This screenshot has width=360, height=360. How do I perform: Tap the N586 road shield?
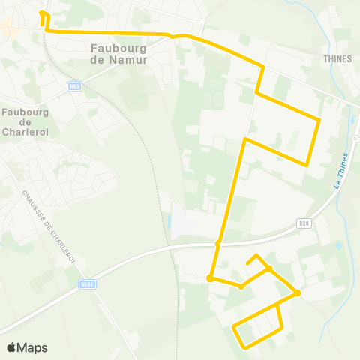pyautogui.click(x=86, y=284)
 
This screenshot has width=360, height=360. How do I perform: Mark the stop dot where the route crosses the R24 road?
pyautogui.click(x=218, y=244)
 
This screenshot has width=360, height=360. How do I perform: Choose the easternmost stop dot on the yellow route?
pyautogui.click(x=298, y=292)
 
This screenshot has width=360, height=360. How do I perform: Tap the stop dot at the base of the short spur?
pyautogui.click(x=268, y=268)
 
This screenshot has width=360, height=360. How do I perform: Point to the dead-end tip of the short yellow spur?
pyautogui.click(x=247, y=263)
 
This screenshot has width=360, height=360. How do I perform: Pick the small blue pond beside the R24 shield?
pyautogui.click(x=339, y=244)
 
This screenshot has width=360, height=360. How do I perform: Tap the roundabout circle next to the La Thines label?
pyautogui.click(x=355, y=139)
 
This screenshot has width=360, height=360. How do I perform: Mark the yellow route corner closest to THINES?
pyautogui.click(x=320, y=119)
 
